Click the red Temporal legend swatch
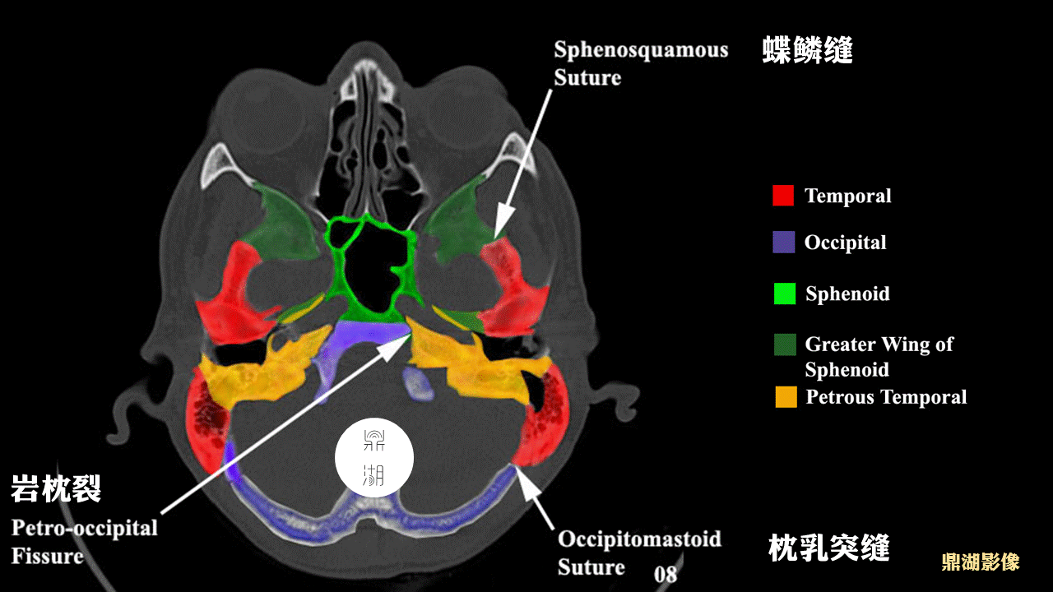783,196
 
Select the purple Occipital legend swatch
784,242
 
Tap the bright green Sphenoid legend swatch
785,294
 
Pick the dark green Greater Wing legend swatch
785,345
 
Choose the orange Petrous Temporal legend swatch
786,396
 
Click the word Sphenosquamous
641,50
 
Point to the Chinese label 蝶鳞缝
807,49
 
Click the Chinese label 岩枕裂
56,488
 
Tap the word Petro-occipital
85,528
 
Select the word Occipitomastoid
639,539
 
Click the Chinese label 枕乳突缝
828,548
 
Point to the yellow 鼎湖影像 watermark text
981,562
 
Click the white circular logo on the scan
374,458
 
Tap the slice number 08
666,574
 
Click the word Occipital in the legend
845,243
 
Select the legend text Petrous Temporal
886,397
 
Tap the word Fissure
48,556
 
